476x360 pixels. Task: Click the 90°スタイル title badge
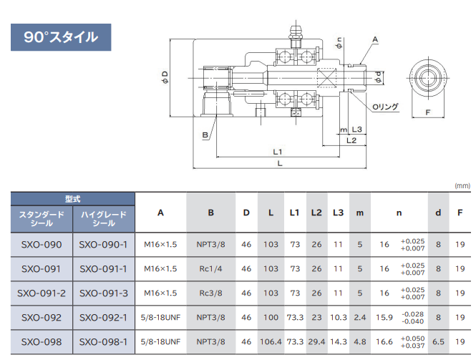[61, 37]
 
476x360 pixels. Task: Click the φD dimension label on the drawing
[165, 76]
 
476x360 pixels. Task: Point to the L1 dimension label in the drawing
[278, 151]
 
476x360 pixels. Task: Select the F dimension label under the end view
[427, 113]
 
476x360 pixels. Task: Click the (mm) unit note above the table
[462, 185]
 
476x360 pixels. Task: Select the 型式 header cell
[73, 199]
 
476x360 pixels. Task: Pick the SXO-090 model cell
[42, 245]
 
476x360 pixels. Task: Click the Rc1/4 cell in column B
[210, 269]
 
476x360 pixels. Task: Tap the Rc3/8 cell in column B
[210, 293]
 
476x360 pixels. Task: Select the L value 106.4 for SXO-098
[270, 341]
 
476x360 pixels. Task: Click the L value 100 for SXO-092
[270, 317]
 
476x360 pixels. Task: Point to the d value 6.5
[438, 341]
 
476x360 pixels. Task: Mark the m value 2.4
[360, 317]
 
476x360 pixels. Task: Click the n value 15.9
[384, 317]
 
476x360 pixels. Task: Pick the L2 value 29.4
[317, 341]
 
